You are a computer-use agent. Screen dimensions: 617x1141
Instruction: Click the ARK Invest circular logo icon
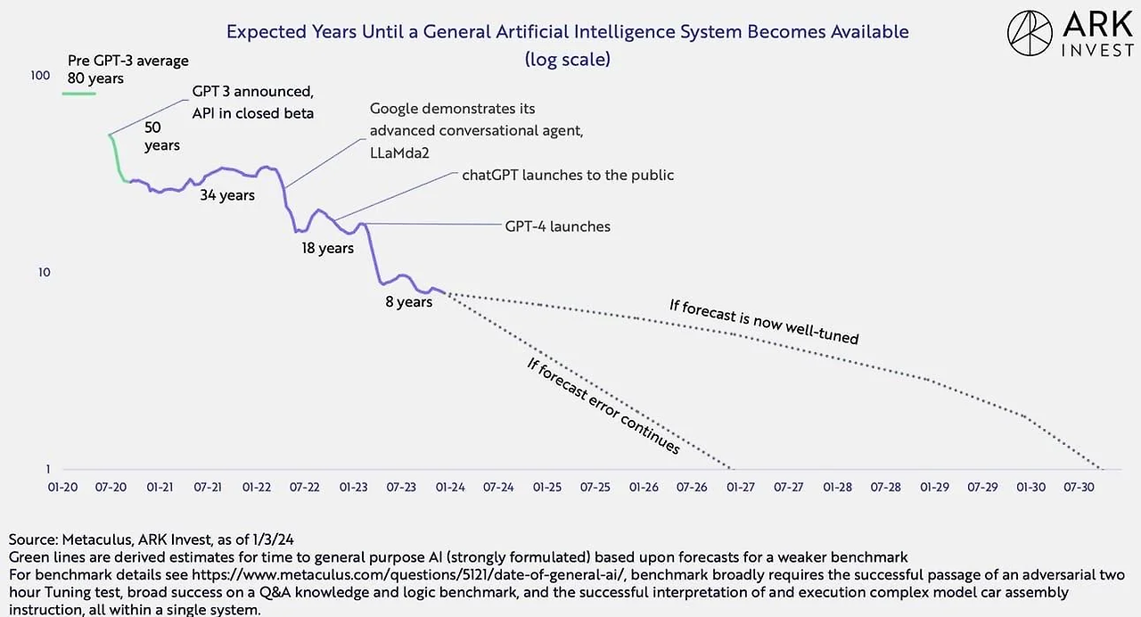[1030, 34]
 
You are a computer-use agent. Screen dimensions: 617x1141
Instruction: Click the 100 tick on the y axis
[40, 76]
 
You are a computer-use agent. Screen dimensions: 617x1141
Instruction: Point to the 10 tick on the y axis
[42, 273]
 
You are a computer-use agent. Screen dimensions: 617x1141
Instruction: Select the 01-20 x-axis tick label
[62, 488]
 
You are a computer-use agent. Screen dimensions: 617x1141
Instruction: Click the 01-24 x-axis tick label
[450, 488]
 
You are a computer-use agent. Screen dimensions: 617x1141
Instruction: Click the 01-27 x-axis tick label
[741, 488]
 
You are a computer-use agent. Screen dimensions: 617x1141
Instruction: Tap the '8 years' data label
[408, 302]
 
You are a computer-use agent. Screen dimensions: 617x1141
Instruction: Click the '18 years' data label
[327, 248]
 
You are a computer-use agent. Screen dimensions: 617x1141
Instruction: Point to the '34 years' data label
[226, 195]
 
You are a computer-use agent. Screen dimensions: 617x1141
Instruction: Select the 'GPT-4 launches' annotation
[557, 226]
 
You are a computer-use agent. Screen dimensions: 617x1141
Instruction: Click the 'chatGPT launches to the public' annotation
[568, 175]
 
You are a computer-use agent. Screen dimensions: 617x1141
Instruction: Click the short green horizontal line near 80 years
[78, 92]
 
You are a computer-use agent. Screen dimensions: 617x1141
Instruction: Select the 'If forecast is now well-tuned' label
[764, 322]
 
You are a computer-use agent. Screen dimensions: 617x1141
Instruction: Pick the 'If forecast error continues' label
[603, 406]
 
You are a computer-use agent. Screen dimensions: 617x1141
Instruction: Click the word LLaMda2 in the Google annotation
[399, 152]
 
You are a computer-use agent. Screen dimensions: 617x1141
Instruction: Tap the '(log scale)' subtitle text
[568, 60]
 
